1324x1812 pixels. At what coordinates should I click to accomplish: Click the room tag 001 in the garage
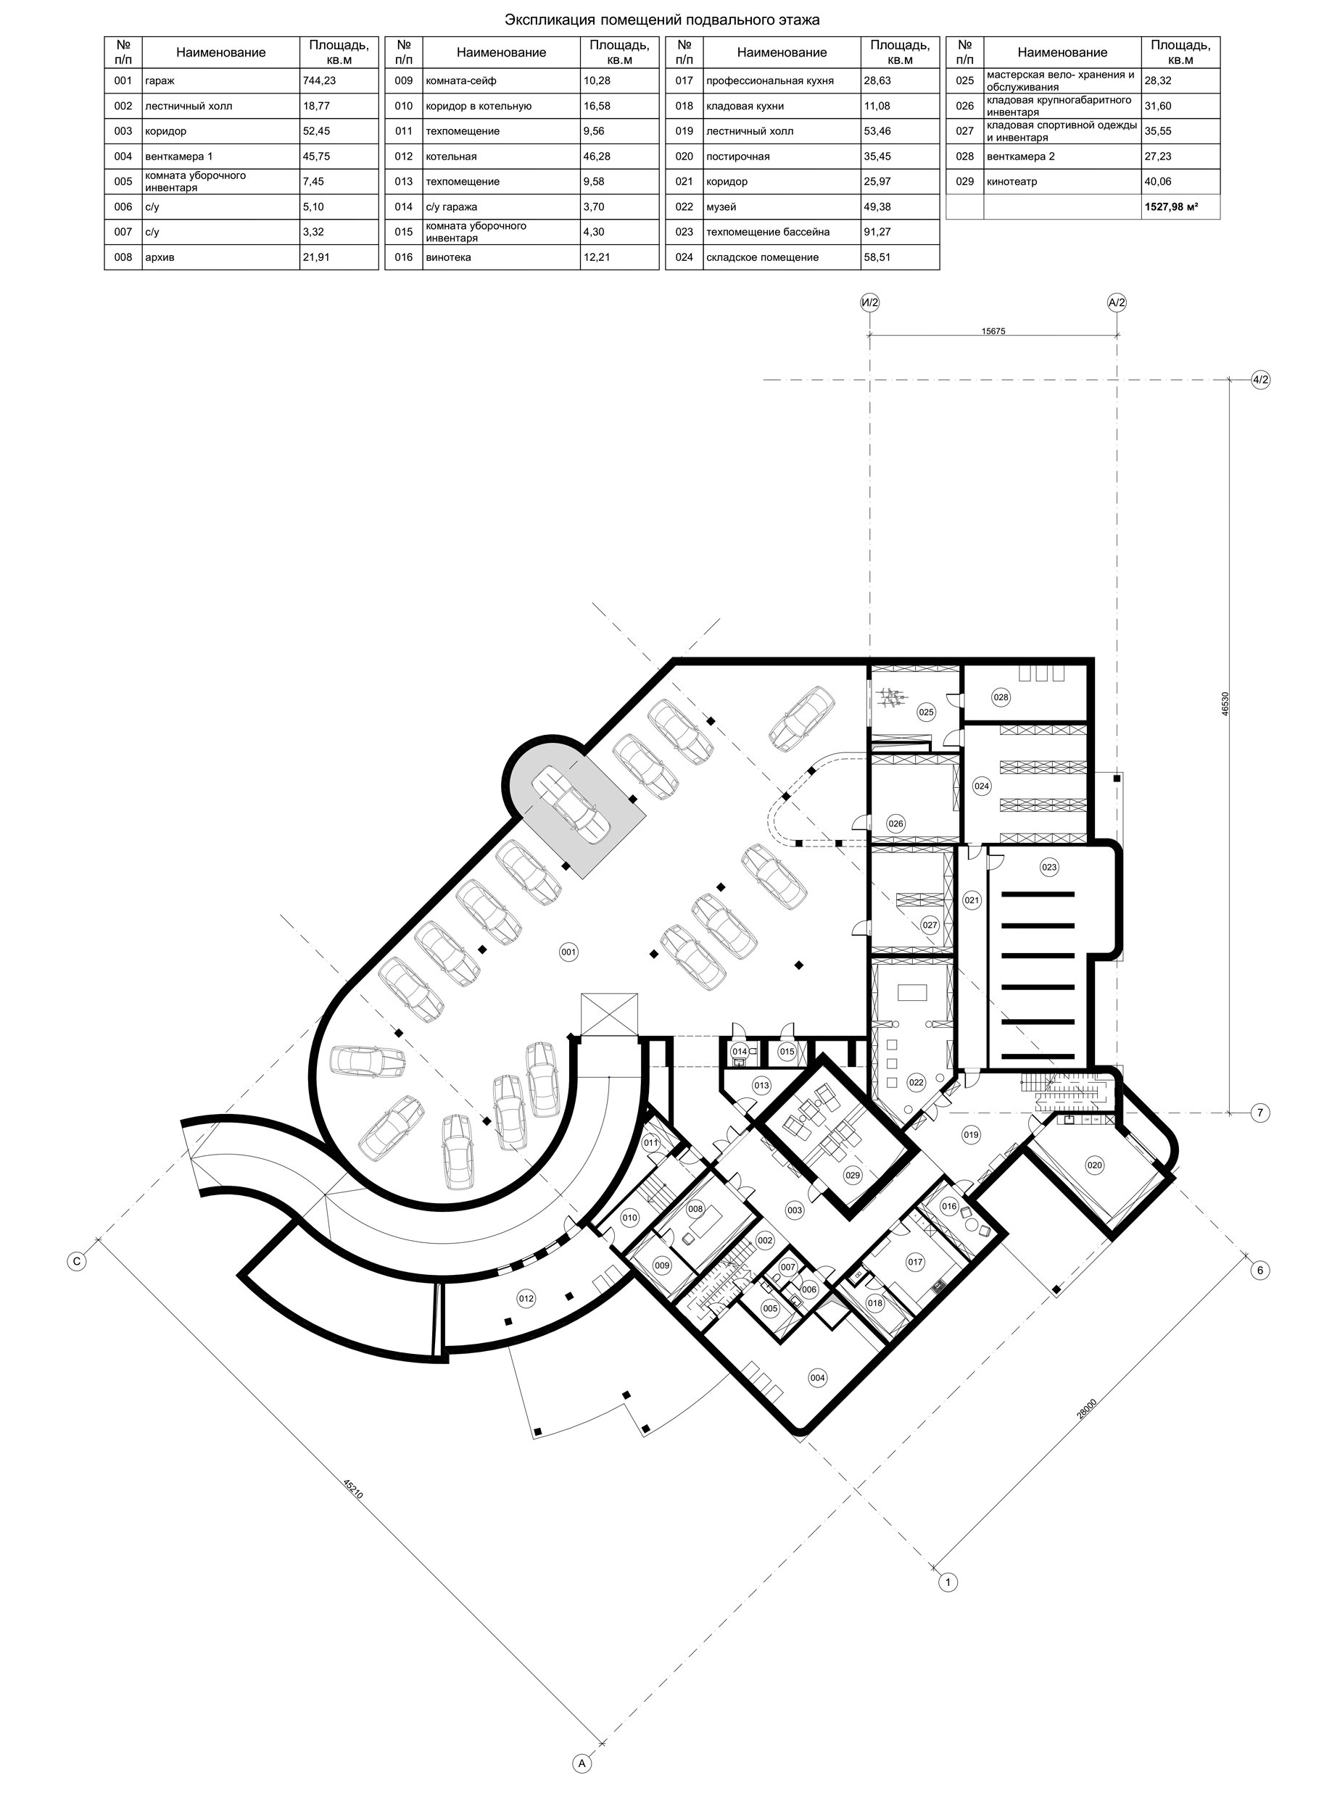[x=568, y=952]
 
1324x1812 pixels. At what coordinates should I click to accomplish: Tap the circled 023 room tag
[x=1049, y=867]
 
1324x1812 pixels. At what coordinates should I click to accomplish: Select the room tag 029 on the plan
[x=852, y=1175]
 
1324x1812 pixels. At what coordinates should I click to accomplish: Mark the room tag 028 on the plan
[x=1001, y=698]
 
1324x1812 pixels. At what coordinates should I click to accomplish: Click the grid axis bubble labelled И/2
[x=869, y=303]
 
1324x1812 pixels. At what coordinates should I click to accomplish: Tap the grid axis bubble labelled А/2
[x=1117, y=303]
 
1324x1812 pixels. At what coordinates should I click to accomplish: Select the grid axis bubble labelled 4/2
[x=1261, y=380]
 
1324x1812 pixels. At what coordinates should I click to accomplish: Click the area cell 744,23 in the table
[x=320, y=81]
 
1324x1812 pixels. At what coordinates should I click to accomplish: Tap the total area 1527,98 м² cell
[x=1172, y=207]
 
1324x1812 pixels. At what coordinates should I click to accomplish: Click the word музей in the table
[x=721, y=207]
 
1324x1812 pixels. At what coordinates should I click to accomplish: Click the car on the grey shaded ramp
[x=572, y=805]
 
